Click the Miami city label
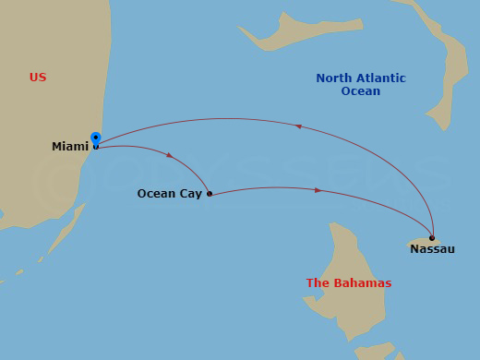point(70,147)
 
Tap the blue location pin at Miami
point(95,138)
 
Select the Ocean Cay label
point(169,194)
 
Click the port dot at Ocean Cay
point(210,194)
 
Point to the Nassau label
point(432,249)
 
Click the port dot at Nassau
point(432,238)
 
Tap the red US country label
point(38,78)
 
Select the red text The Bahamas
point(349,283)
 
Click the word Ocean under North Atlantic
point(360,91)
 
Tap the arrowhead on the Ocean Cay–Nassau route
point(318,190)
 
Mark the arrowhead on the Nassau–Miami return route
point(297,126)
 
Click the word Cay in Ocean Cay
point(190,194)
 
